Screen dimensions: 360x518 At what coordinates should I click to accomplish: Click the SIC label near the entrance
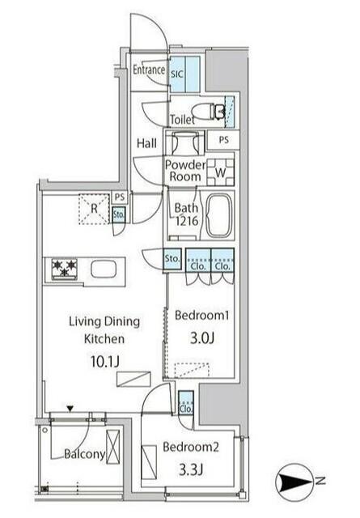click(176, 74)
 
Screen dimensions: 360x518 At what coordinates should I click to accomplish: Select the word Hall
click(146, 143)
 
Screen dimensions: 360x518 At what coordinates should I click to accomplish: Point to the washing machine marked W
click(220, 172)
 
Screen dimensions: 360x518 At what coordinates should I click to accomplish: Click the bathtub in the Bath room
click(218, 215)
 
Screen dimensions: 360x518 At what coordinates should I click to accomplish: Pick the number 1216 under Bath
click(187, 221)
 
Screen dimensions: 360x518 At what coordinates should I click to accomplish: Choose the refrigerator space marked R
click(94, 209)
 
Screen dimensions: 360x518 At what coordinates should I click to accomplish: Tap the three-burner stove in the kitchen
click(65, 269)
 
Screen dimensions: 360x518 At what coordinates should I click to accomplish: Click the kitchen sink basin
click(104, 270)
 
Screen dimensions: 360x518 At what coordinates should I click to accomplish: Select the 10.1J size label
click(104, 362)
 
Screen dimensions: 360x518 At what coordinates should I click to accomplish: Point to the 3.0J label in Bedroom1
click(201, 338)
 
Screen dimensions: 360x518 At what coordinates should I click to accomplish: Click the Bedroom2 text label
click(191, 447)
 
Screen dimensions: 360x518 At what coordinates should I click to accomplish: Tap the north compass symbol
click(296, 482)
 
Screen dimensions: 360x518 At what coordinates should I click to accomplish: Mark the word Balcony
click(85, 454)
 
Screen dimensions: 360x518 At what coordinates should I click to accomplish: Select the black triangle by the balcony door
click(70, 409)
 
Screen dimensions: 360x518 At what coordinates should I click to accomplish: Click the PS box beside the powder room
click(223, 140)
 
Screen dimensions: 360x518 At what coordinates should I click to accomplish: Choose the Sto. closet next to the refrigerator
click(119, 214)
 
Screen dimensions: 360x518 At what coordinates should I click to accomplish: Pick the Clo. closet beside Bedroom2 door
click(185, 403)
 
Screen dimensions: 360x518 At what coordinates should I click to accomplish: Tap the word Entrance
click(149, 70)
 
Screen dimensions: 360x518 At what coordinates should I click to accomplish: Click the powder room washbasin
click(185, 142)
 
